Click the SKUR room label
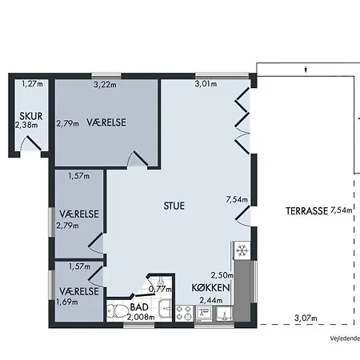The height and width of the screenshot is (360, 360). click(x=31, y=116)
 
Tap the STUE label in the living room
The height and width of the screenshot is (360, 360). click(x=174, y=206)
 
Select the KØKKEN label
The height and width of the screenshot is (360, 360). click(x=210, y=288)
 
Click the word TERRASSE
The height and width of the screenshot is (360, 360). click(x=306, y=211)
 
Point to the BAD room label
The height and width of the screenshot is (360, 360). click(x=139, y=307)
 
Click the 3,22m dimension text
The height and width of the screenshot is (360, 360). click(x=105, y=85)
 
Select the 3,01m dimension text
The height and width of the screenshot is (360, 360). click(x=206, y=84)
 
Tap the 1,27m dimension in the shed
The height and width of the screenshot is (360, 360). click(x=32, y=84)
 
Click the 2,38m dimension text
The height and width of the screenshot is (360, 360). click(x=26, y=125)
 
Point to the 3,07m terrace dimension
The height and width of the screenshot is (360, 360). click(x=306, y=318)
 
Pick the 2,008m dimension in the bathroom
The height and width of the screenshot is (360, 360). click(x=141, y=317)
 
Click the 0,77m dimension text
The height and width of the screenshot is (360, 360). click(x=160, y=289)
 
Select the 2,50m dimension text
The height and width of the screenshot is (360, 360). click(x=222, y=275)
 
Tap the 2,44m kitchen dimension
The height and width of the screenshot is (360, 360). click(x=211, y=300)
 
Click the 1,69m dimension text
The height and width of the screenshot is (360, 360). click(x=67, y=302)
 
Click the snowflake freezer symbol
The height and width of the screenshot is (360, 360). click(x=242, y=250)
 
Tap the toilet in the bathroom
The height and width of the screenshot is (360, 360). click(x=118, y=311)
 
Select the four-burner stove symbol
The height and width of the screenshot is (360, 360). click(x=184, y=313)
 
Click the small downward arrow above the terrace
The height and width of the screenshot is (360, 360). click(x=306, y=70)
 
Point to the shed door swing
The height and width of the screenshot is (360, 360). click(x=30, y=143)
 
